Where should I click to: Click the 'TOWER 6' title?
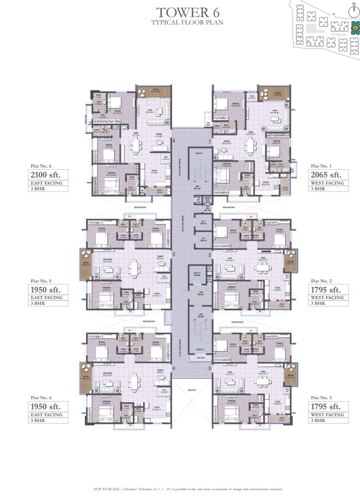[186, 11]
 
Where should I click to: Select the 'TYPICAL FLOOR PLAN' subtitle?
[187, 22]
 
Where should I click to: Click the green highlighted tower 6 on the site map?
[354, 28]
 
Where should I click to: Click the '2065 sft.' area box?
[329, 176]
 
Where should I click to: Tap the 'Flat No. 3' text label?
[321, 398]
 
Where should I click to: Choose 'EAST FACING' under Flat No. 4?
[47, 414]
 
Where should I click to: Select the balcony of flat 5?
[86, 265]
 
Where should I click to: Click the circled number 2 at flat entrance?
[209, 254]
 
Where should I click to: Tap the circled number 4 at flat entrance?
[174, 368]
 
